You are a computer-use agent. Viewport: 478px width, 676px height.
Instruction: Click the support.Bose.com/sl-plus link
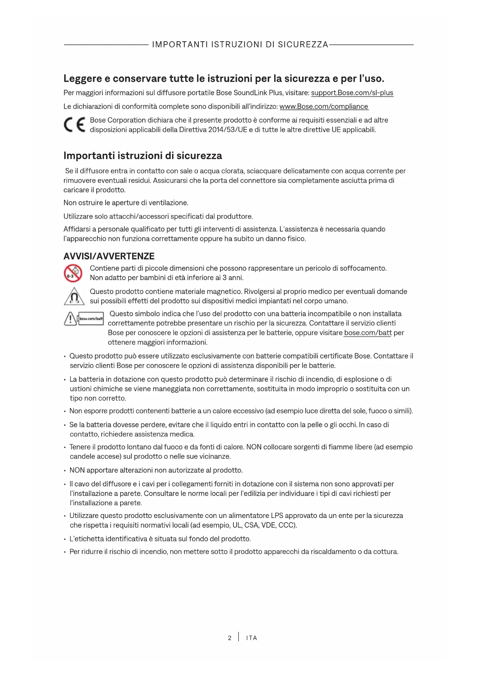(x=352, y=93)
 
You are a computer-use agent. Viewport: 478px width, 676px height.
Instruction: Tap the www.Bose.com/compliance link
(x=324, y=106)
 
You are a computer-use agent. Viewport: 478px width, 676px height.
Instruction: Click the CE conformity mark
(x=74, y=125)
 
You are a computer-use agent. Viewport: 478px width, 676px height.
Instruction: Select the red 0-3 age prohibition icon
(x=73, y=273)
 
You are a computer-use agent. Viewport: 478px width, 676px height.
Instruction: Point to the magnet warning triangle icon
(x=74, y=296)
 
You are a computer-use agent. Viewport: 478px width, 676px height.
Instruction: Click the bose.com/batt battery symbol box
(x=91, y=319)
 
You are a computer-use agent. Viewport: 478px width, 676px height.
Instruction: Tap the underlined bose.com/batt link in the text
(x=367, y=333)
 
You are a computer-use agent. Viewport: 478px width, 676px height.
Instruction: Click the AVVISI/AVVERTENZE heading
(x=109, y=256)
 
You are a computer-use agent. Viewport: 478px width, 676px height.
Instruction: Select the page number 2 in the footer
(x=230, y=638)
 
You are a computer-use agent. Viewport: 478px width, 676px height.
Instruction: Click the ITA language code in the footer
(x=252, y=638)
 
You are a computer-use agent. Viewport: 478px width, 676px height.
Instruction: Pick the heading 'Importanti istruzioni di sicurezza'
(x=143, y=156)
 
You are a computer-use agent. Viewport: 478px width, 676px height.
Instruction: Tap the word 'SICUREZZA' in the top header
(x=303, y=45)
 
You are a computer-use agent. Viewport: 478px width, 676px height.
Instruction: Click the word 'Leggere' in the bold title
(x=83, y=79)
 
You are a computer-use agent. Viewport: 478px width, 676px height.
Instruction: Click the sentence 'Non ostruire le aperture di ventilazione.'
(x=126, y=203)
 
